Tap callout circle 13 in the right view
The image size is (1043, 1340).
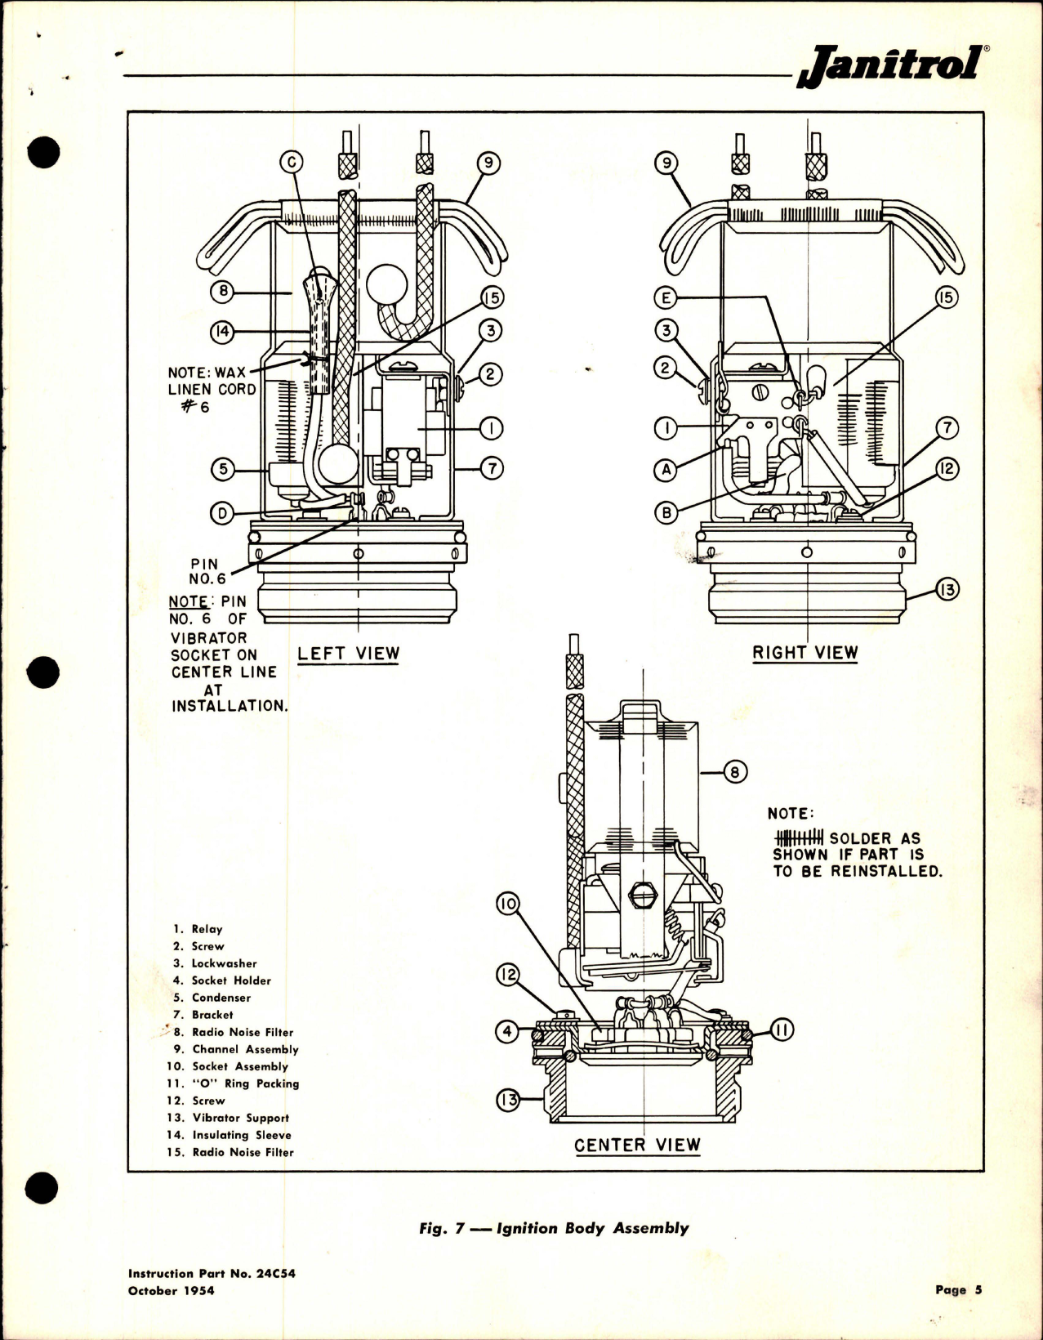click(x=947, y=590)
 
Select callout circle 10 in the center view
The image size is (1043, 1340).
click(x=509, y=904)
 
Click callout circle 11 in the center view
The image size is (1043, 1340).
click(x=782, y=1031)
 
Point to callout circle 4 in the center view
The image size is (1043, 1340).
click(x=508, y=1031)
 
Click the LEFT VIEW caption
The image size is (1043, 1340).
click(x=349, y=653)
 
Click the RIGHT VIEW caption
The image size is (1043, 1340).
click(x=805, y=652)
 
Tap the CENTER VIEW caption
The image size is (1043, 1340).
click(x=637, y=1145)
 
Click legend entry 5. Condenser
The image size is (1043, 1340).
click(x=212, y=998)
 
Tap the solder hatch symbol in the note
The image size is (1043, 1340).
click(x=799, y=838)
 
